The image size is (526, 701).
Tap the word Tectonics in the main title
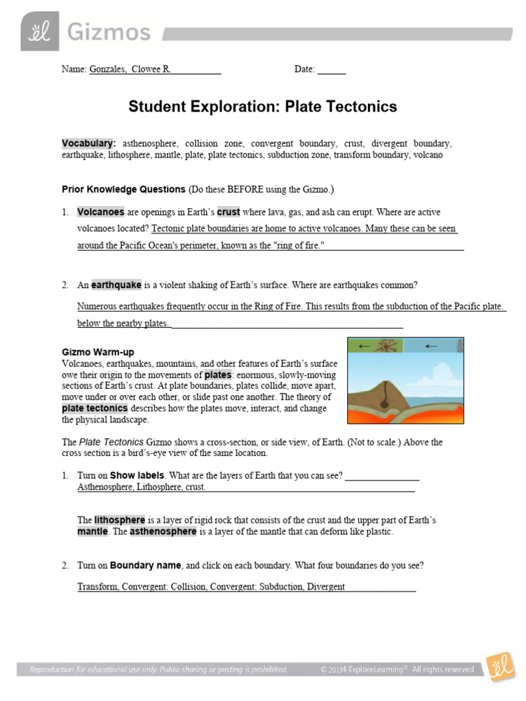(360, 107)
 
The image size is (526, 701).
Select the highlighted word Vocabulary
(87, 144)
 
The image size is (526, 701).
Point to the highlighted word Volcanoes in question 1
(100, 212)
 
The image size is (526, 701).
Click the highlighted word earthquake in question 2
(116, 285)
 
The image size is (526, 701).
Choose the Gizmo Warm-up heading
(98, 353)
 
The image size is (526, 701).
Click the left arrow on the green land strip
(364, 347)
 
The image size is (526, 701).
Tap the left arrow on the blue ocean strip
(431, 346)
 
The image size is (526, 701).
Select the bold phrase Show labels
(137, 476)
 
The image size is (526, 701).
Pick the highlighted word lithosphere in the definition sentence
(120, 520)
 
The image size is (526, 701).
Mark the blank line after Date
(331, 70)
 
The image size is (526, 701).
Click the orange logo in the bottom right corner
(500, 667)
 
